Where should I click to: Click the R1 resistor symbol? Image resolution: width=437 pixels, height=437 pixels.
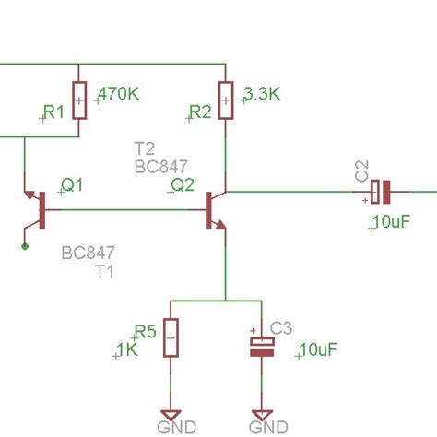tap(78, 100)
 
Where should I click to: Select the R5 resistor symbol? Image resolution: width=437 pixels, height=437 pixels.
tap(171, 338)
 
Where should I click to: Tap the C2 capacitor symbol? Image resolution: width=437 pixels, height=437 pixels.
tap(381, 193)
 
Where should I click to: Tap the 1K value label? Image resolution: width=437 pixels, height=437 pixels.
tap(126, 350)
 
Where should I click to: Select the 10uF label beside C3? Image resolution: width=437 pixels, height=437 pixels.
tap(317, 350)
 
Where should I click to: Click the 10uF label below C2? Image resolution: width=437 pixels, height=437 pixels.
tap(393, 223)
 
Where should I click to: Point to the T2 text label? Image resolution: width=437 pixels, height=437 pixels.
tap(145, 149)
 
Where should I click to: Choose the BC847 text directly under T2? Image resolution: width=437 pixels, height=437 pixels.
tap(160, 167)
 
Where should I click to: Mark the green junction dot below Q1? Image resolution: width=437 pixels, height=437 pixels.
tap(25, 246)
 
